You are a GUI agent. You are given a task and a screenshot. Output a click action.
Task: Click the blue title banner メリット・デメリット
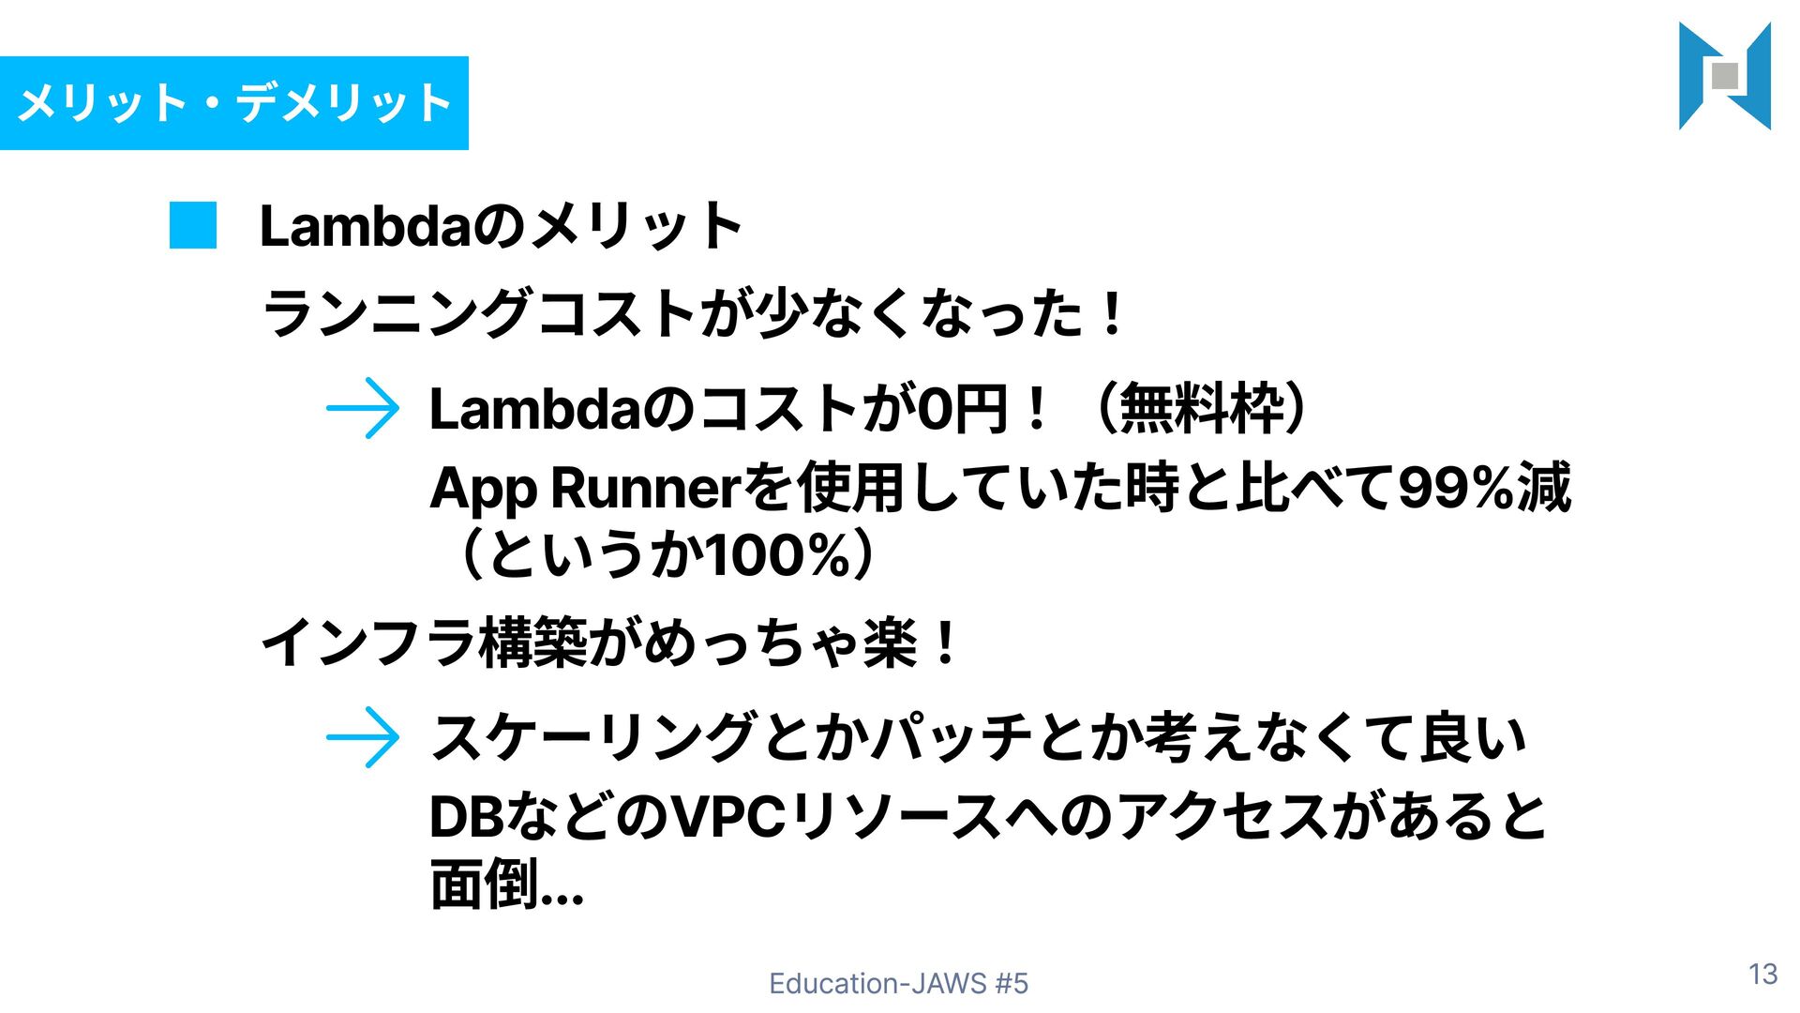(234, 103)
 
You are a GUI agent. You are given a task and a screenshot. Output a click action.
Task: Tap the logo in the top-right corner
(1724, 76)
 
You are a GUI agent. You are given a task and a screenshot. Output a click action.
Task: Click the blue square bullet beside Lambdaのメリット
(193, 226)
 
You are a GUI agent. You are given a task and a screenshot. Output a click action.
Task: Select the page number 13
(1762, 975)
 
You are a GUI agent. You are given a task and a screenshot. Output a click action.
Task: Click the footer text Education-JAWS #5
(898, 983)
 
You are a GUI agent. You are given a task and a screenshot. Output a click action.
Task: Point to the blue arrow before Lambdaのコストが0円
(363, 409)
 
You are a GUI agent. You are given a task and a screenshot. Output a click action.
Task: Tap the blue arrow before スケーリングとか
(363, 737)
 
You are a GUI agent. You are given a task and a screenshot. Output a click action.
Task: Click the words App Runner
(586, 489)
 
